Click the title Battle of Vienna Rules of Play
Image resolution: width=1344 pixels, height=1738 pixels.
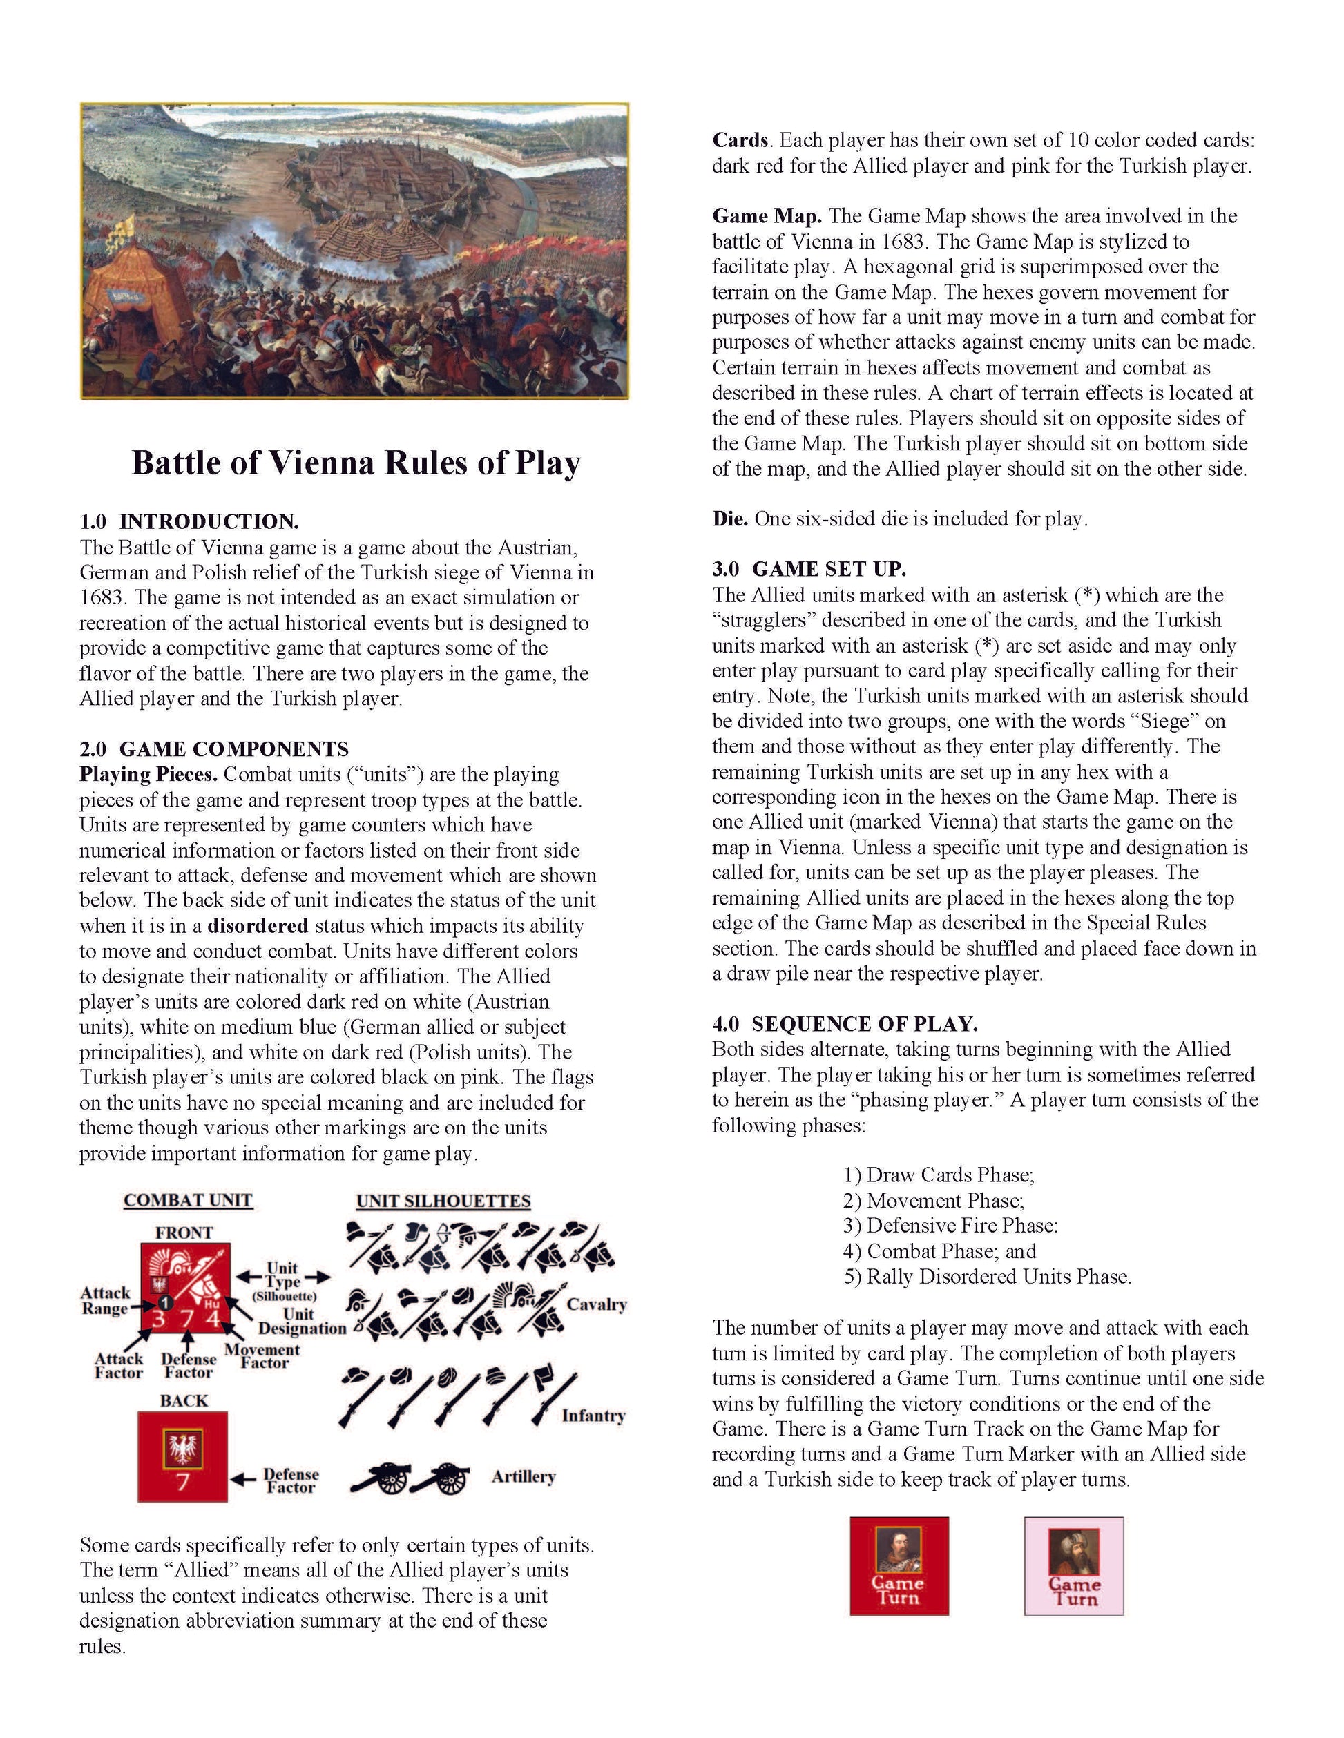coord(356,463)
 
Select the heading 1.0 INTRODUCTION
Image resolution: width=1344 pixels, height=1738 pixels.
coord(189,522)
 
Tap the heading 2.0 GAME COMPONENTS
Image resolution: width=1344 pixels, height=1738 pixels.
coord(213,749)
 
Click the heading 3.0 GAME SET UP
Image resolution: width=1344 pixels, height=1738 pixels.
coord(809,569)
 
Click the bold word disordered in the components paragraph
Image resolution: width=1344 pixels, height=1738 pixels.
coord(257,925)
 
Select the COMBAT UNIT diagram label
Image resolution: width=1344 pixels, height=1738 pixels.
coord(188,1200)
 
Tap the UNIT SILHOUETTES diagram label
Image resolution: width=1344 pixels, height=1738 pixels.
coord(443,1201)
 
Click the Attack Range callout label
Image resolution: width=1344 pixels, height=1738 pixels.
coord(105,1300)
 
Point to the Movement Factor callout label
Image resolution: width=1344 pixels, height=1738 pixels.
coord(262,1355)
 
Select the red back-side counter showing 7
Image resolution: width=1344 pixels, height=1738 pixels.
coord(182,1456)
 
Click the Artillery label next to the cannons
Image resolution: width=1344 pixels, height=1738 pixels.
coord(523,1476)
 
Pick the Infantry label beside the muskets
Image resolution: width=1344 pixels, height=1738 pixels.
coord(593,1415)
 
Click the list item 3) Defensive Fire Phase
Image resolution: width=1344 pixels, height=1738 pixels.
coord(950,1226)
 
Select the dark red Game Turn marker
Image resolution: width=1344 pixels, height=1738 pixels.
coord(899,1566)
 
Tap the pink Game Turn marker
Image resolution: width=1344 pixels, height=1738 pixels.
coord(1073,1566)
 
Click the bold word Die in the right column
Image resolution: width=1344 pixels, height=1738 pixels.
coord(729,519)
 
